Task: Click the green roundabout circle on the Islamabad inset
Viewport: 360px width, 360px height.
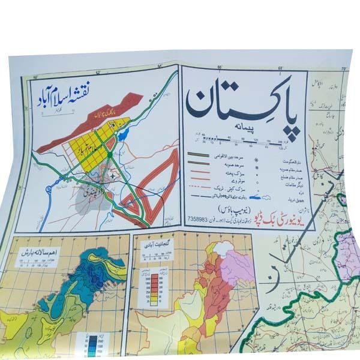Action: (110, 156)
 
